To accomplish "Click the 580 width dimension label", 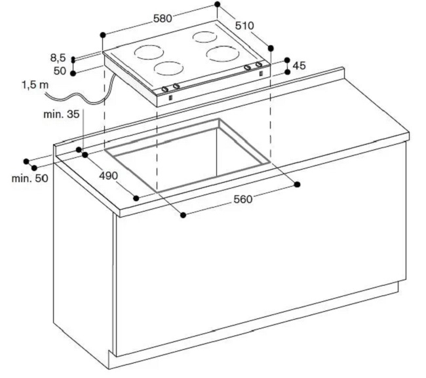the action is (x=163, y=18).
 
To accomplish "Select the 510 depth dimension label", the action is (x=244, y=26).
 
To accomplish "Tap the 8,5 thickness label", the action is (x=58, y=58).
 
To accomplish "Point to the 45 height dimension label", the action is (x=300, y=66).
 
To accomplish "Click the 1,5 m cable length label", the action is (x=35, y=85).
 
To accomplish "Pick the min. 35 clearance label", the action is (x=62, y=115).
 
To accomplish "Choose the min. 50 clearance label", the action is (x=30, y=178).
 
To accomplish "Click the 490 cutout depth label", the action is (x=108, y=176).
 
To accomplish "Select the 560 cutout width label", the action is (x=243, y=199).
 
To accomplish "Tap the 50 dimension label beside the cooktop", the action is (x=60, y=71).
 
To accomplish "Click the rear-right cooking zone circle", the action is (x=205, y=37).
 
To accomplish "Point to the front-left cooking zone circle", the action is (x=168, y=68).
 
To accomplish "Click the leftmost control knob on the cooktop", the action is (x=165, y=89).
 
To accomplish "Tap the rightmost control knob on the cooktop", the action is (x=259, y=65).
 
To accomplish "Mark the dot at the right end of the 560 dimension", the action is (x=298, y=185).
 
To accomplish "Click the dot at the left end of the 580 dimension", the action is (x=103, y=35).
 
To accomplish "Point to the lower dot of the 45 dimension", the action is (x=287, y=72).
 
